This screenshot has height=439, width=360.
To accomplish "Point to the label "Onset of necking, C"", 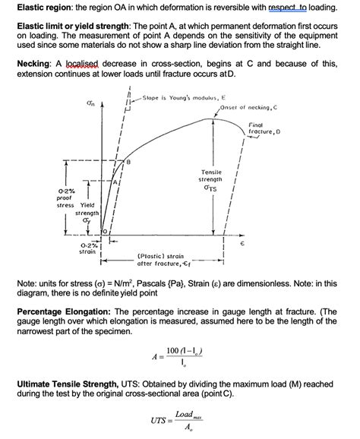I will pos(248,108).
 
